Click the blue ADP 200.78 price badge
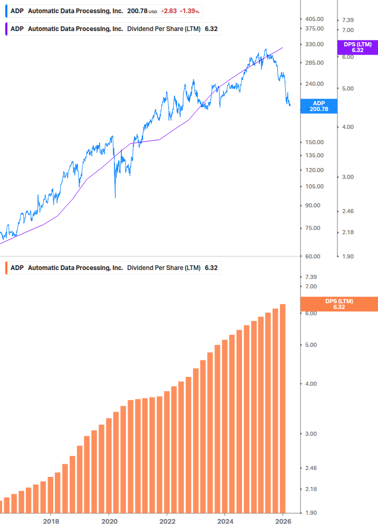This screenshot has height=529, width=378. [318, 106]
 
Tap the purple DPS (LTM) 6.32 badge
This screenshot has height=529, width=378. [357, 47]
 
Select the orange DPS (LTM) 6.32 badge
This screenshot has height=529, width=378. [338, 304]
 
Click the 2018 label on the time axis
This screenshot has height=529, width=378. [51, 521]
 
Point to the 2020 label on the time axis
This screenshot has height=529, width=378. [109, 521]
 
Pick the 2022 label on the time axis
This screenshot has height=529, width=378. [167, 521]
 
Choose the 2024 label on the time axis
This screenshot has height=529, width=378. [225, 521]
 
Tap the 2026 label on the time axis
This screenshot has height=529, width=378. [284, 521]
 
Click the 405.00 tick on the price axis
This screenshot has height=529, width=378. [314, 19]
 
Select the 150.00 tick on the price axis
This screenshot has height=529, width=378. [314, 142]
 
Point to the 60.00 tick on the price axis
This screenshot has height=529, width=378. [313, 256]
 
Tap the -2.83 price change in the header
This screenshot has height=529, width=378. [169, 11]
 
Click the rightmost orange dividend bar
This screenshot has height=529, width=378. [283, 408]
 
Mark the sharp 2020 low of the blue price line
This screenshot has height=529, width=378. [115, 197]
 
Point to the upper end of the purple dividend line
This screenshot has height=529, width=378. [283, 47]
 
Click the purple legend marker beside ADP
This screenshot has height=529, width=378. [6, 29]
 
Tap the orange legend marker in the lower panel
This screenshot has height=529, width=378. [6, 267]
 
